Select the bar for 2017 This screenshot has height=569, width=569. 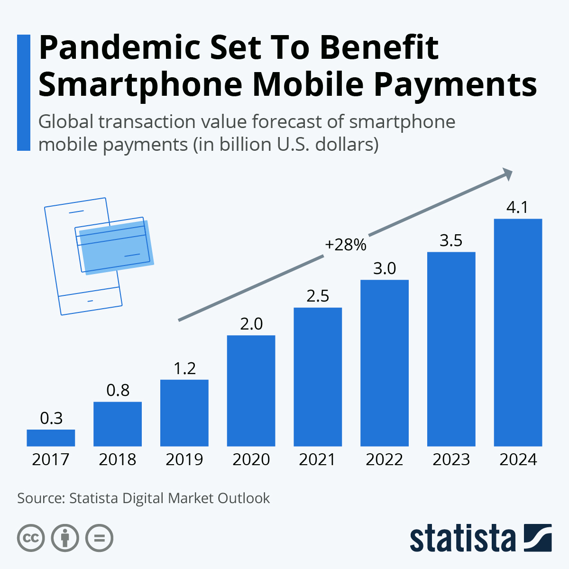pyautogui.click(x=51, y=438)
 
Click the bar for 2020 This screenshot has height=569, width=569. pyautogui.click(x=251, y=391)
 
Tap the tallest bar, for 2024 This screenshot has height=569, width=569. pyautogui.click(x=518, y=332)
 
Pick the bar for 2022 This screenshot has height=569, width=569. pyautogui.click(x=385, y=363)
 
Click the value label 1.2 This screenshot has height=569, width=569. pyautogui.click(x=184, y=368)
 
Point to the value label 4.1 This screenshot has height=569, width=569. pyautogui.click(x=518, y=208)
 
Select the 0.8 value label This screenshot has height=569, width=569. pyautogui.click(x=118, y=390)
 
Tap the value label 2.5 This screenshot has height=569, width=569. pyautogui.click(x=318, y=296)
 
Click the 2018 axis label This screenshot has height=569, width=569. pyautogui.click(x=118, y=459)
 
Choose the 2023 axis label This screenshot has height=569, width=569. pyautogui.click(x=451, y=459)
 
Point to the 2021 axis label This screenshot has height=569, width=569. pyautogui.click(x=318, y=459)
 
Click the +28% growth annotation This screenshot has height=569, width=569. pyautogui.click(x=346, y=245)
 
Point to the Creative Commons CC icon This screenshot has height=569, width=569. pyautogui.click(x=31, y=538)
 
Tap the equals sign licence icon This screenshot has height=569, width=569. pyautogui.click(x=99, y=538)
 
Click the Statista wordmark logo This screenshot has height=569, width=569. pyautogui.click(x=480, y=538)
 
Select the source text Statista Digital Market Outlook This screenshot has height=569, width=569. pyautogui.click(x=169, y=498)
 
